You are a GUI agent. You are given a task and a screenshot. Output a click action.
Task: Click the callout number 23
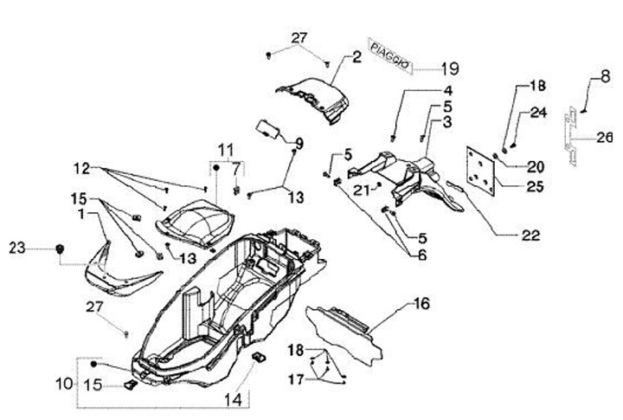(17, 249)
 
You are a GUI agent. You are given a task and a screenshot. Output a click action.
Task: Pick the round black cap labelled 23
(59, 249)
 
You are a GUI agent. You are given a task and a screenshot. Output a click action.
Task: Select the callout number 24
(537, 112)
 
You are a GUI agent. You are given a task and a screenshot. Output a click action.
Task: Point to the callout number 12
(81, 166)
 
